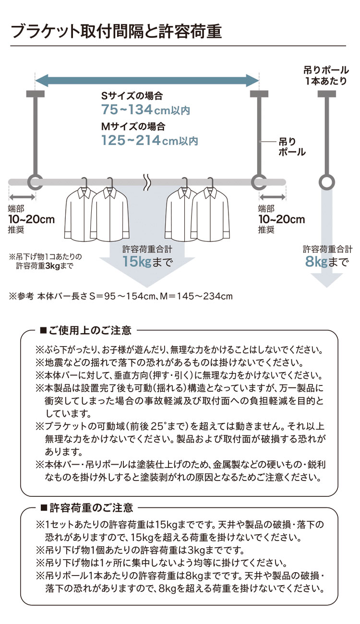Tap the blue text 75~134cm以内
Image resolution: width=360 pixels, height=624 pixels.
(145, 110)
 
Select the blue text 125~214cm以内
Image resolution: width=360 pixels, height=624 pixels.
(149, 141)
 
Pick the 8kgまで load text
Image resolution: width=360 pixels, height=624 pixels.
(327, 262)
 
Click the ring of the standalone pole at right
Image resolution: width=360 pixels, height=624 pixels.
(326, 182)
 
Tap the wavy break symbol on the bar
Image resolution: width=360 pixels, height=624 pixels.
(147, 181)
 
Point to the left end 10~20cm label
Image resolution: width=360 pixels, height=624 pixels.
(31, 220)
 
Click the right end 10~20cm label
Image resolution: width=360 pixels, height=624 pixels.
(281, 220)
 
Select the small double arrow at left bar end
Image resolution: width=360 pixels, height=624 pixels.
(22, 196)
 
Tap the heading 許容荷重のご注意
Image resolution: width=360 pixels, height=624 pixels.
(87, 507)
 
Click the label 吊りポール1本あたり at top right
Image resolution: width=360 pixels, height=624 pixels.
(326, 75)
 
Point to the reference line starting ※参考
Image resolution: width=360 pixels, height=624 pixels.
(120, 296)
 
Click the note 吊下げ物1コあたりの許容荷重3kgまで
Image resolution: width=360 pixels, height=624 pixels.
(46, 260)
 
